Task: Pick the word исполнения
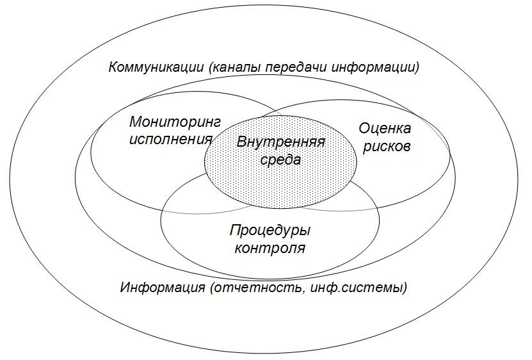170,139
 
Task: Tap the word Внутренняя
281,142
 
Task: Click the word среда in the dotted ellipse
280,160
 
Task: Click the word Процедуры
270,230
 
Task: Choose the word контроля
270,248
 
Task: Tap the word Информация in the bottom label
163,287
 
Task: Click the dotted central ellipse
280,186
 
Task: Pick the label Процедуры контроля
270,239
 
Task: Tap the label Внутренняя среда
281,151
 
